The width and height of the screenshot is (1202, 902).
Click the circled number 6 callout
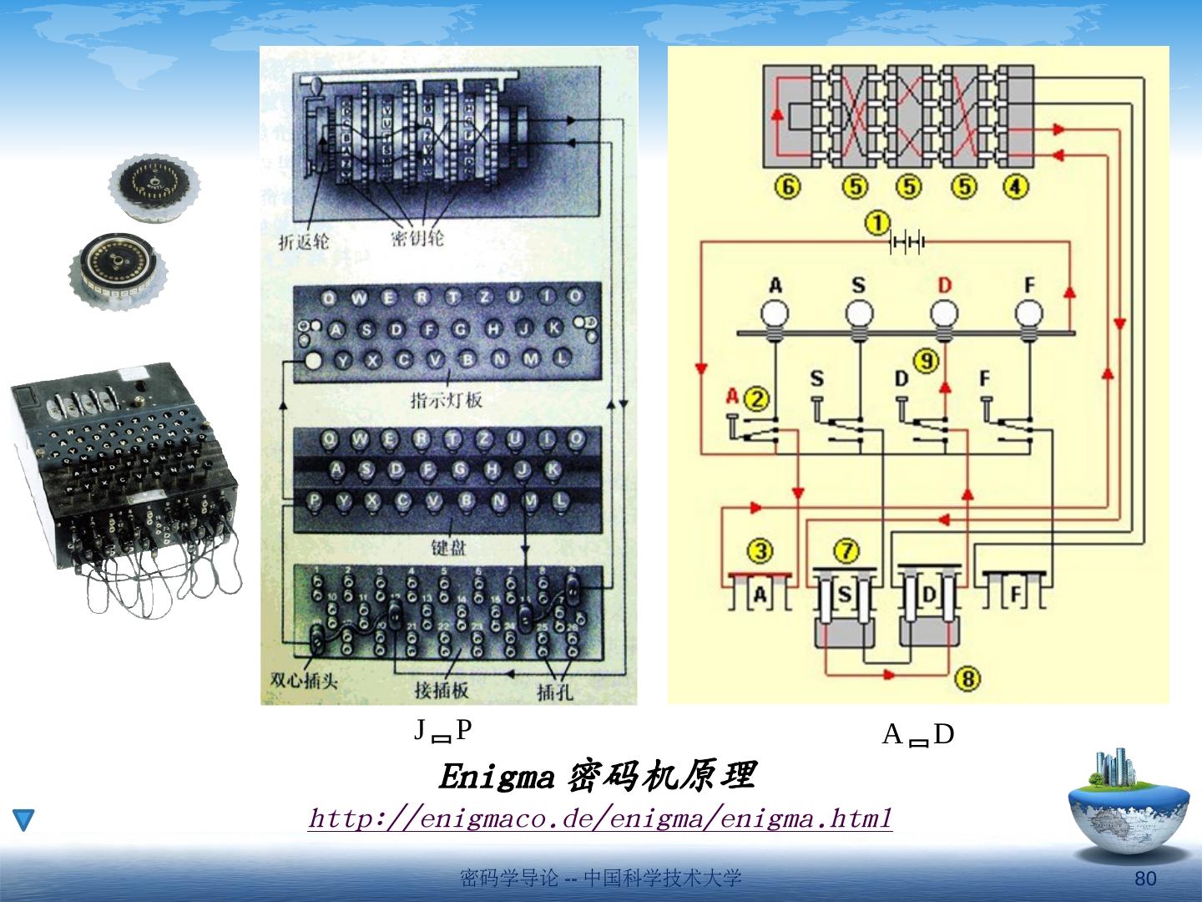[x=787, y=186]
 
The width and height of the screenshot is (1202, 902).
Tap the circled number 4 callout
[x=1015, y=186]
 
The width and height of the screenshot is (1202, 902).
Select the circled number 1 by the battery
[x=876, y=224]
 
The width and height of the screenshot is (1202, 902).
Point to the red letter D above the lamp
[x=944, y=286]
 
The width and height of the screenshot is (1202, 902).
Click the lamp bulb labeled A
[x=775, y=316]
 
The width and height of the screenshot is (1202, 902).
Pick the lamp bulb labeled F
[x=1028, y=316]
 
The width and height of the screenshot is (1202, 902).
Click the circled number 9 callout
[x=926, y=362]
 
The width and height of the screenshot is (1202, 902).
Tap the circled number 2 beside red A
[x=756, y=398]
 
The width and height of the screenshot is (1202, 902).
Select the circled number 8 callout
[x=967, y=678]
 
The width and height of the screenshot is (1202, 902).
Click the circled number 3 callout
[x=760, y=551]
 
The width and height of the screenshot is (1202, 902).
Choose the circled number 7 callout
[x=846, y=551]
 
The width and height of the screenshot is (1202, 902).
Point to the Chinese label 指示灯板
[x=447, y=400]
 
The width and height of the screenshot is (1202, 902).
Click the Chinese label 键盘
[x=448, y=548]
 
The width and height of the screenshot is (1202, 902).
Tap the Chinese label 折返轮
[x=304, y=242]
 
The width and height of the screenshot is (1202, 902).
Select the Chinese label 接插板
[x=442, y=690]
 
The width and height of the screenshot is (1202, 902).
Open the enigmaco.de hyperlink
[x=600, y=818]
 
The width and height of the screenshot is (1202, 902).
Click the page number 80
[x=1145, y=879]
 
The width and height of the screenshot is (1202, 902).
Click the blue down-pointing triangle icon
[x=24, y=820]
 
